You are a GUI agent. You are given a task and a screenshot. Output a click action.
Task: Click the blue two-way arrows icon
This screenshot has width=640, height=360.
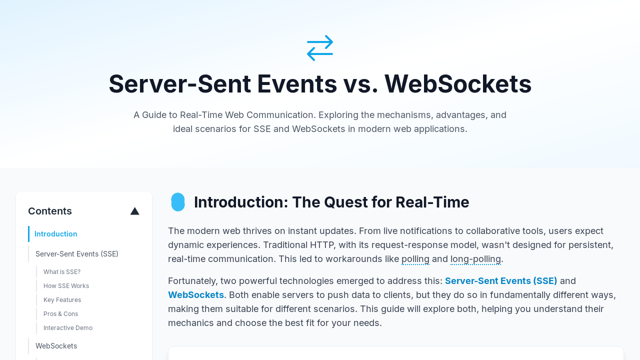(x=320, y=48)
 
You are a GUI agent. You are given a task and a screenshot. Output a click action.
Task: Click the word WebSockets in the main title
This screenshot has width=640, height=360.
(x=457, y=84)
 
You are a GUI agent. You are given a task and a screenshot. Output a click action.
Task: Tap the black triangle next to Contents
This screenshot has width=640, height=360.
(x=135, y=211)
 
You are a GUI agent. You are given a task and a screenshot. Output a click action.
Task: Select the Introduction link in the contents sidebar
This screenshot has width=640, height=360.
(x=55, y=234)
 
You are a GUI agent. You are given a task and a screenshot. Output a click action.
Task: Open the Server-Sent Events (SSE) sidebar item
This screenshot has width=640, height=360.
(x=77, y=254)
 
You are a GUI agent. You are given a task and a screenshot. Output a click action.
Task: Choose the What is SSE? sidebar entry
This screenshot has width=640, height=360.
(x=62, y=271)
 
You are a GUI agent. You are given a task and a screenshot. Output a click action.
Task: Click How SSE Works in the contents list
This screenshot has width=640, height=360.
(x=66, y=285)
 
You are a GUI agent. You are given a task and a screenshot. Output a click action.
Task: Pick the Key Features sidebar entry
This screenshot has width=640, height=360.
(x=62, y=299)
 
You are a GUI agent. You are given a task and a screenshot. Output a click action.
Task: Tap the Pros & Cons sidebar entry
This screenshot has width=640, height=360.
(x=60, y=313)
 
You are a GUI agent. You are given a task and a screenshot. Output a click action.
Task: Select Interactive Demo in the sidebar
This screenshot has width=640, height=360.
(x=68, y=327)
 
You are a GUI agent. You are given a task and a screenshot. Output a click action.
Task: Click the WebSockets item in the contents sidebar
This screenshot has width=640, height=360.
(x=56, y=346)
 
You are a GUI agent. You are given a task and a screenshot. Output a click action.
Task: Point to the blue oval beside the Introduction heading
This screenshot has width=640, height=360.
(x=177, y=202)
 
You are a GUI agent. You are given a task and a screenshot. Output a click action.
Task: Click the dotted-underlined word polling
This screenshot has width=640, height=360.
(x=415, y=259)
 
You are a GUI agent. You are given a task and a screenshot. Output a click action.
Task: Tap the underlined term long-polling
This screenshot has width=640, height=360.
(x=475, y=259)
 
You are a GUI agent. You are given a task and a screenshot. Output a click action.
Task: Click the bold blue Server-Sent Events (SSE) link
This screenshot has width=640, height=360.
(x=501, y=281)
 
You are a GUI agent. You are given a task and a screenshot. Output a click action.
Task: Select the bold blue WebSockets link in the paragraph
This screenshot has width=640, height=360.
(x=196, y=295)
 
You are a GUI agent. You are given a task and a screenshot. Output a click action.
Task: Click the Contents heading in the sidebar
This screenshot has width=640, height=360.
(x=50, y=211)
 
